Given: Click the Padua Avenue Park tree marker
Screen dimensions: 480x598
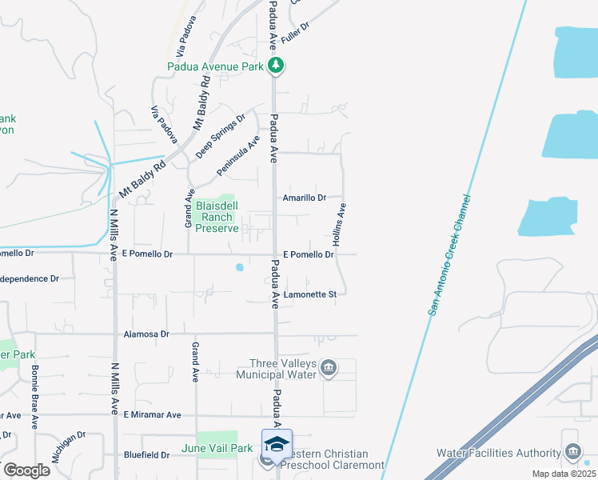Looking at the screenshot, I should pyautogui.click(x=276, y=66).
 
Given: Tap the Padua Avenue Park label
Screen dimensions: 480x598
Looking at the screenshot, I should pyautogui.click(x=216, y=66).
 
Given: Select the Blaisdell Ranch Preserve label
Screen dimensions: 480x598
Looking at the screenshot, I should pyautogui.click(x=217, y=217).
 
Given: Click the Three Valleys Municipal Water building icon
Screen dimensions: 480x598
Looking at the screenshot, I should pyautogui.click(x=328, y=368).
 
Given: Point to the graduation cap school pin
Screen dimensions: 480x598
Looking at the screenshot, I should pyautogui.click(x=277, y=444).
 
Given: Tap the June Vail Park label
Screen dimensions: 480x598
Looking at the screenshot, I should pyautogui.click(x=217, y=449).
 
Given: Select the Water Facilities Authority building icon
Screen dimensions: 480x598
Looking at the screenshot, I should pyautogui.click(x=572, y=453).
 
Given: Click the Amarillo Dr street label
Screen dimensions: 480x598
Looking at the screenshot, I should pyautogui.click(x=305, y=198).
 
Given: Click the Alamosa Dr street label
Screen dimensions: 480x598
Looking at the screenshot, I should pyautogui.click(x=147, y=334).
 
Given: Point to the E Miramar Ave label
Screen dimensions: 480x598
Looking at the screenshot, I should pyautogui.click(x=153, y=415).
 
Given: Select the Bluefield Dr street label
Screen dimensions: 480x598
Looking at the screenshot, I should pyautogui.click(x=147, y=455).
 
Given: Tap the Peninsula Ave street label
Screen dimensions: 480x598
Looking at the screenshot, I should pyautogui.click(x=238, y=155).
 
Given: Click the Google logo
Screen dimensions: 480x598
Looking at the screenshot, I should pyautogui.click(x=26, y=470).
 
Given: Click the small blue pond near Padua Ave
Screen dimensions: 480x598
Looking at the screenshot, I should pyautogui.click(x=238, y=268).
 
